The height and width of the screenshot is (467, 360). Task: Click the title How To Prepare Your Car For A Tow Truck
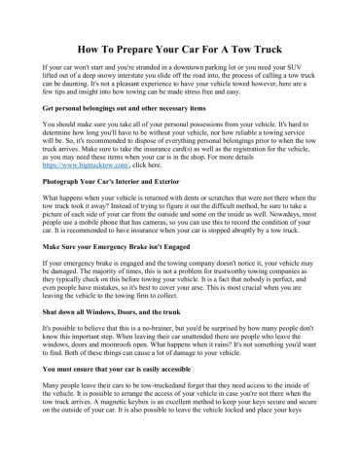(x=179, y=47)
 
